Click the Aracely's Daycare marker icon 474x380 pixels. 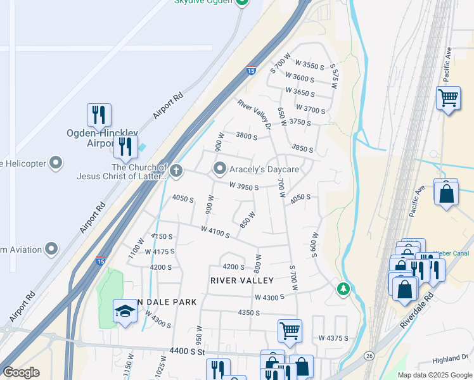click(220, 169)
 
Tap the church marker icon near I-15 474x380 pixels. click(176, 170)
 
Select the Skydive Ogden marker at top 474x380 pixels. click(241, 3)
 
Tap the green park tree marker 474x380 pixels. click(343, 289)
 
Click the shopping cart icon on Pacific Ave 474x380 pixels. click(448, 98)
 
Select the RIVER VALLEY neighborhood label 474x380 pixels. click(241, 281)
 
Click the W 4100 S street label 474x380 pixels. click(215, 232)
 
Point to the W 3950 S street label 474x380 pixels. click(244, 187)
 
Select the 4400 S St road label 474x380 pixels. click(189, 351)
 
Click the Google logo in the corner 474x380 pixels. click(21, 372)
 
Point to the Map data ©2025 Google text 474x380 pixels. click(434, 375)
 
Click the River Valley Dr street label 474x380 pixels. click(255, 115)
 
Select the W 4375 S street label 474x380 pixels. click(333, 338)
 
